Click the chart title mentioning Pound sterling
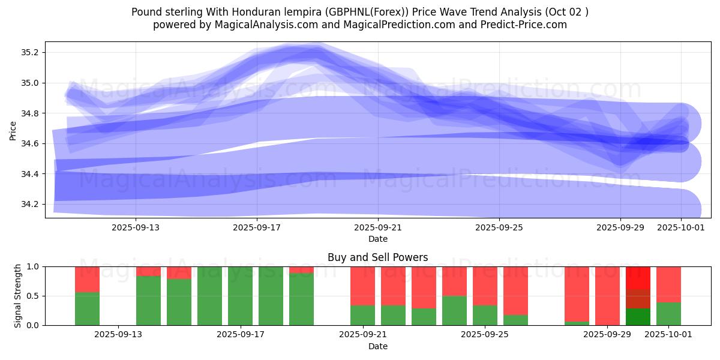[360, 11]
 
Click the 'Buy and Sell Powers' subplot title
[377, 257]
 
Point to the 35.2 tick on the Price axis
[29, 52]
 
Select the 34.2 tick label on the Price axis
[29, 205]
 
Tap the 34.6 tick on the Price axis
[29, 144]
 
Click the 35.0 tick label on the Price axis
[29, 83]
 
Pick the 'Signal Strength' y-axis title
[18, 296]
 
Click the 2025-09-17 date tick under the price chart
[257, 228]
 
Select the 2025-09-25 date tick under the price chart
[499, 228]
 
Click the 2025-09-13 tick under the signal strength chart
[119, 335]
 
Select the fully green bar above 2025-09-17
[240, 296]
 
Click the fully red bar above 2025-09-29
[607, 296]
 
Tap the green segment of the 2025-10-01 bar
[668, 314]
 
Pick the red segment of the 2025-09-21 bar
[362, 286]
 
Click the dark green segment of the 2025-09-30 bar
[638, 317]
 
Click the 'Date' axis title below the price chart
[377, 239]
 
